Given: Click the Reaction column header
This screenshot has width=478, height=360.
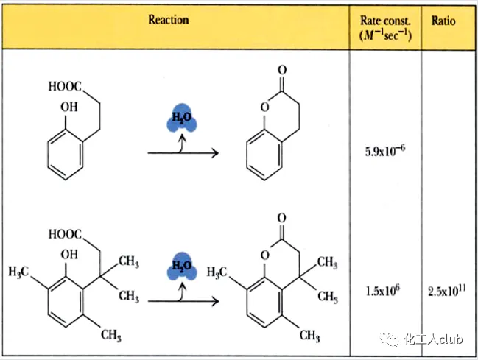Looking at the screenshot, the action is coord(168,19).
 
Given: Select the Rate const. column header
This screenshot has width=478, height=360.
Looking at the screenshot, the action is coord(385,27).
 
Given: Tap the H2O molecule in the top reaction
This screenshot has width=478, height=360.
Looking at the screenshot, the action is coord(180,119).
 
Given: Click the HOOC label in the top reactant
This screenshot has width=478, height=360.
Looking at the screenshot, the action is coord(66,87).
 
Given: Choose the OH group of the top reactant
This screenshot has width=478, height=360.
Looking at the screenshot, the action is coord(68,107).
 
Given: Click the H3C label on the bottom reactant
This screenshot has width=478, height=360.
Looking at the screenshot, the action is coord(22,272).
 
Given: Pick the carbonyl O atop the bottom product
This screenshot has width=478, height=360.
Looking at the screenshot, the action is coord(283,218).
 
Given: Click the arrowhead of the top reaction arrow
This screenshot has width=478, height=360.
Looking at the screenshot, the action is coord(214,153).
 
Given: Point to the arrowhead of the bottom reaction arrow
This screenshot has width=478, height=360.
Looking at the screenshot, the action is coord(214,300).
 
